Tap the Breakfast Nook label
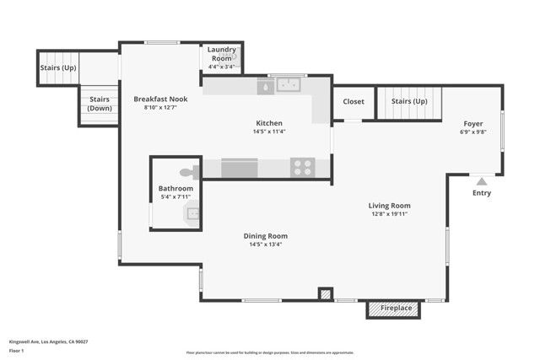coord(160,99)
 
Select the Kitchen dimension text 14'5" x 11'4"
coord(269,132)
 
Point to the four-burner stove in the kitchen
coord(302,167)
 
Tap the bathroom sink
coord(193,212)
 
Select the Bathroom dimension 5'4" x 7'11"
coord(175,198)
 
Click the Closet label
coord(354,102)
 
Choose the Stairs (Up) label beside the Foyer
coord(408,102)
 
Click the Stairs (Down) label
coord(100,104)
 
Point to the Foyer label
coord(473,123)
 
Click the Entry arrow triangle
coord(482,180)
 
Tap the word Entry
coord(482,192)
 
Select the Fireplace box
coord(394,309)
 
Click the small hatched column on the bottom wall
coord(325,294)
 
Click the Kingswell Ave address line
coord(48,341)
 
